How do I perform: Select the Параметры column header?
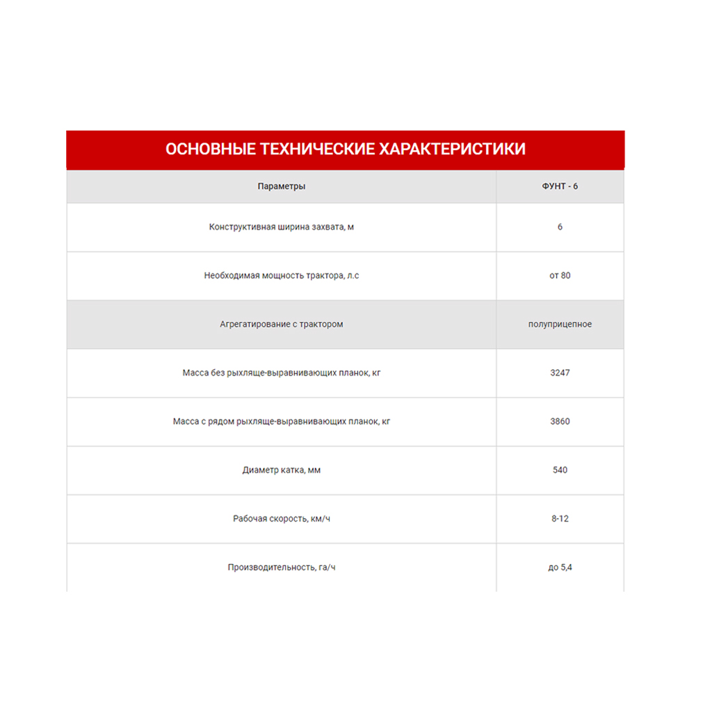tap(281, 186)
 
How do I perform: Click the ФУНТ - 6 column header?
tap(560, 186)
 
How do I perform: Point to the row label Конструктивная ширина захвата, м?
tap(281, 227)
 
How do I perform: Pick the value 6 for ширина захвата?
tap(560, 227)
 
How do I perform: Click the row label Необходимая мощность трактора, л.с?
tap(281, 275)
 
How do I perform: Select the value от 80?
tap(560, 275)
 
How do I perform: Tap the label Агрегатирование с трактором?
tap(281, 324)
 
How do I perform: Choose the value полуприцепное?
tap(560, 324)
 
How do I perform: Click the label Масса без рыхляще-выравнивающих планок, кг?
tap(281, 373)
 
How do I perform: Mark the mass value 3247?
tap(560, 373)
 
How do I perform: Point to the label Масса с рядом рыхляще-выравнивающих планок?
tap(281, 421)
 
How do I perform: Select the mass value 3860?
tap(560, 421)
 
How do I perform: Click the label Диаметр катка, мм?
tap(281, 470)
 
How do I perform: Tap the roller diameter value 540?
tap(560, 470)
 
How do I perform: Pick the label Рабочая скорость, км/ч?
tap(281, 519)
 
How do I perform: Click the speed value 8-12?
tap(560, 519)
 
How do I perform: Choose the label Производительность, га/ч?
tap(281, 567)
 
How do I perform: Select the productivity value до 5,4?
tap(560, 567)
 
